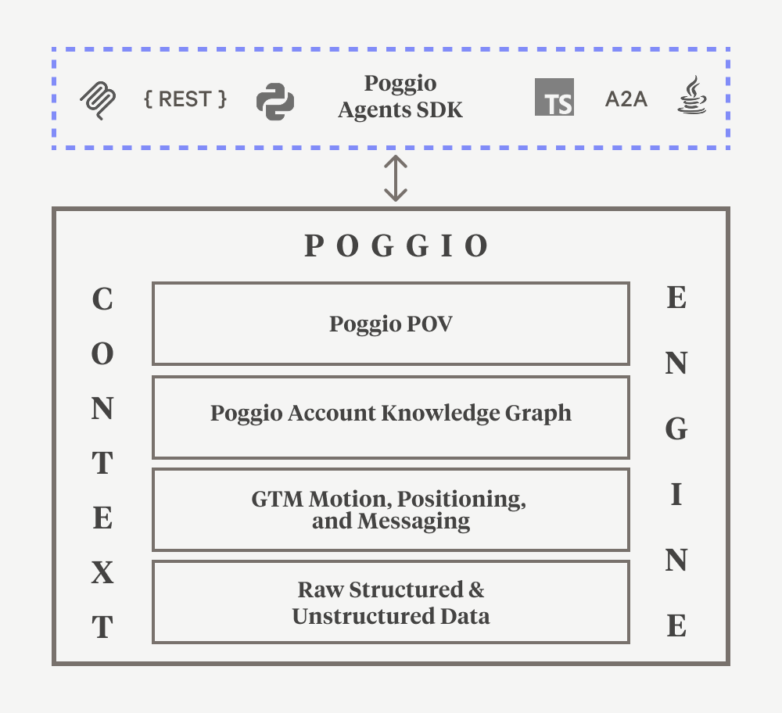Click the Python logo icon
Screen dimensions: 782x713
[x=275, y=101]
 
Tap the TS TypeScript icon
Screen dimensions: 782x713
[x=554, y=98]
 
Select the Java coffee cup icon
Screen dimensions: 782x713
[x=691, y=97]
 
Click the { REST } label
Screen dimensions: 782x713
[x=185, y=99]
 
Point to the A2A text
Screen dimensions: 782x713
[x=626, y=99]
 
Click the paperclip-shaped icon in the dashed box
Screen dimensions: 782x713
[x=99, y=101]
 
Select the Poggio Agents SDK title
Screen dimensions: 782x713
[x=400, y=96]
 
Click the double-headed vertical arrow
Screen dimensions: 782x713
[x=396, y=178]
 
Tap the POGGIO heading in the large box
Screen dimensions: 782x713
[x=396, y=246]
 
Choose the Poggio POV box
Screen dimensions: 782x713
[x=391, y=324]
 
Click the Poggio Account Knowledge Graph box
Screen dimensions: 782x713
[x=391, y=417]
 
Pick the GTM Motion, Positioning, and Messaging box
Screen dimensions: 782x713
[x=391, y=510]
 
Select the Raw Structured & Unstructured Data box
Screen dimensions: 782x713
[x=391, y=602]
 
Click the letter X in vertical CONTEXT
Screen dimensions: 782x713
[x=102, y=575]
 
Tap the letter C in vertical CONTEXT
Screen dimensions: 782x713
[x=102, y=299]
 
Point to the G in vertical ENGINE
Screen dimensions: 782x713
[x=676, y=428]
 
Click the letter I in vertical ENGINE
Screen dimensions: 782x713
[x=676, y=495]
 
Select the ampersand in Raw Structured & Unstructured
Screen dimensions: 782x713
[x=476, y=589]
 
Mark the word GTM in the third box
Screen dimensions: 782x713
[x=278, y=498]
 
